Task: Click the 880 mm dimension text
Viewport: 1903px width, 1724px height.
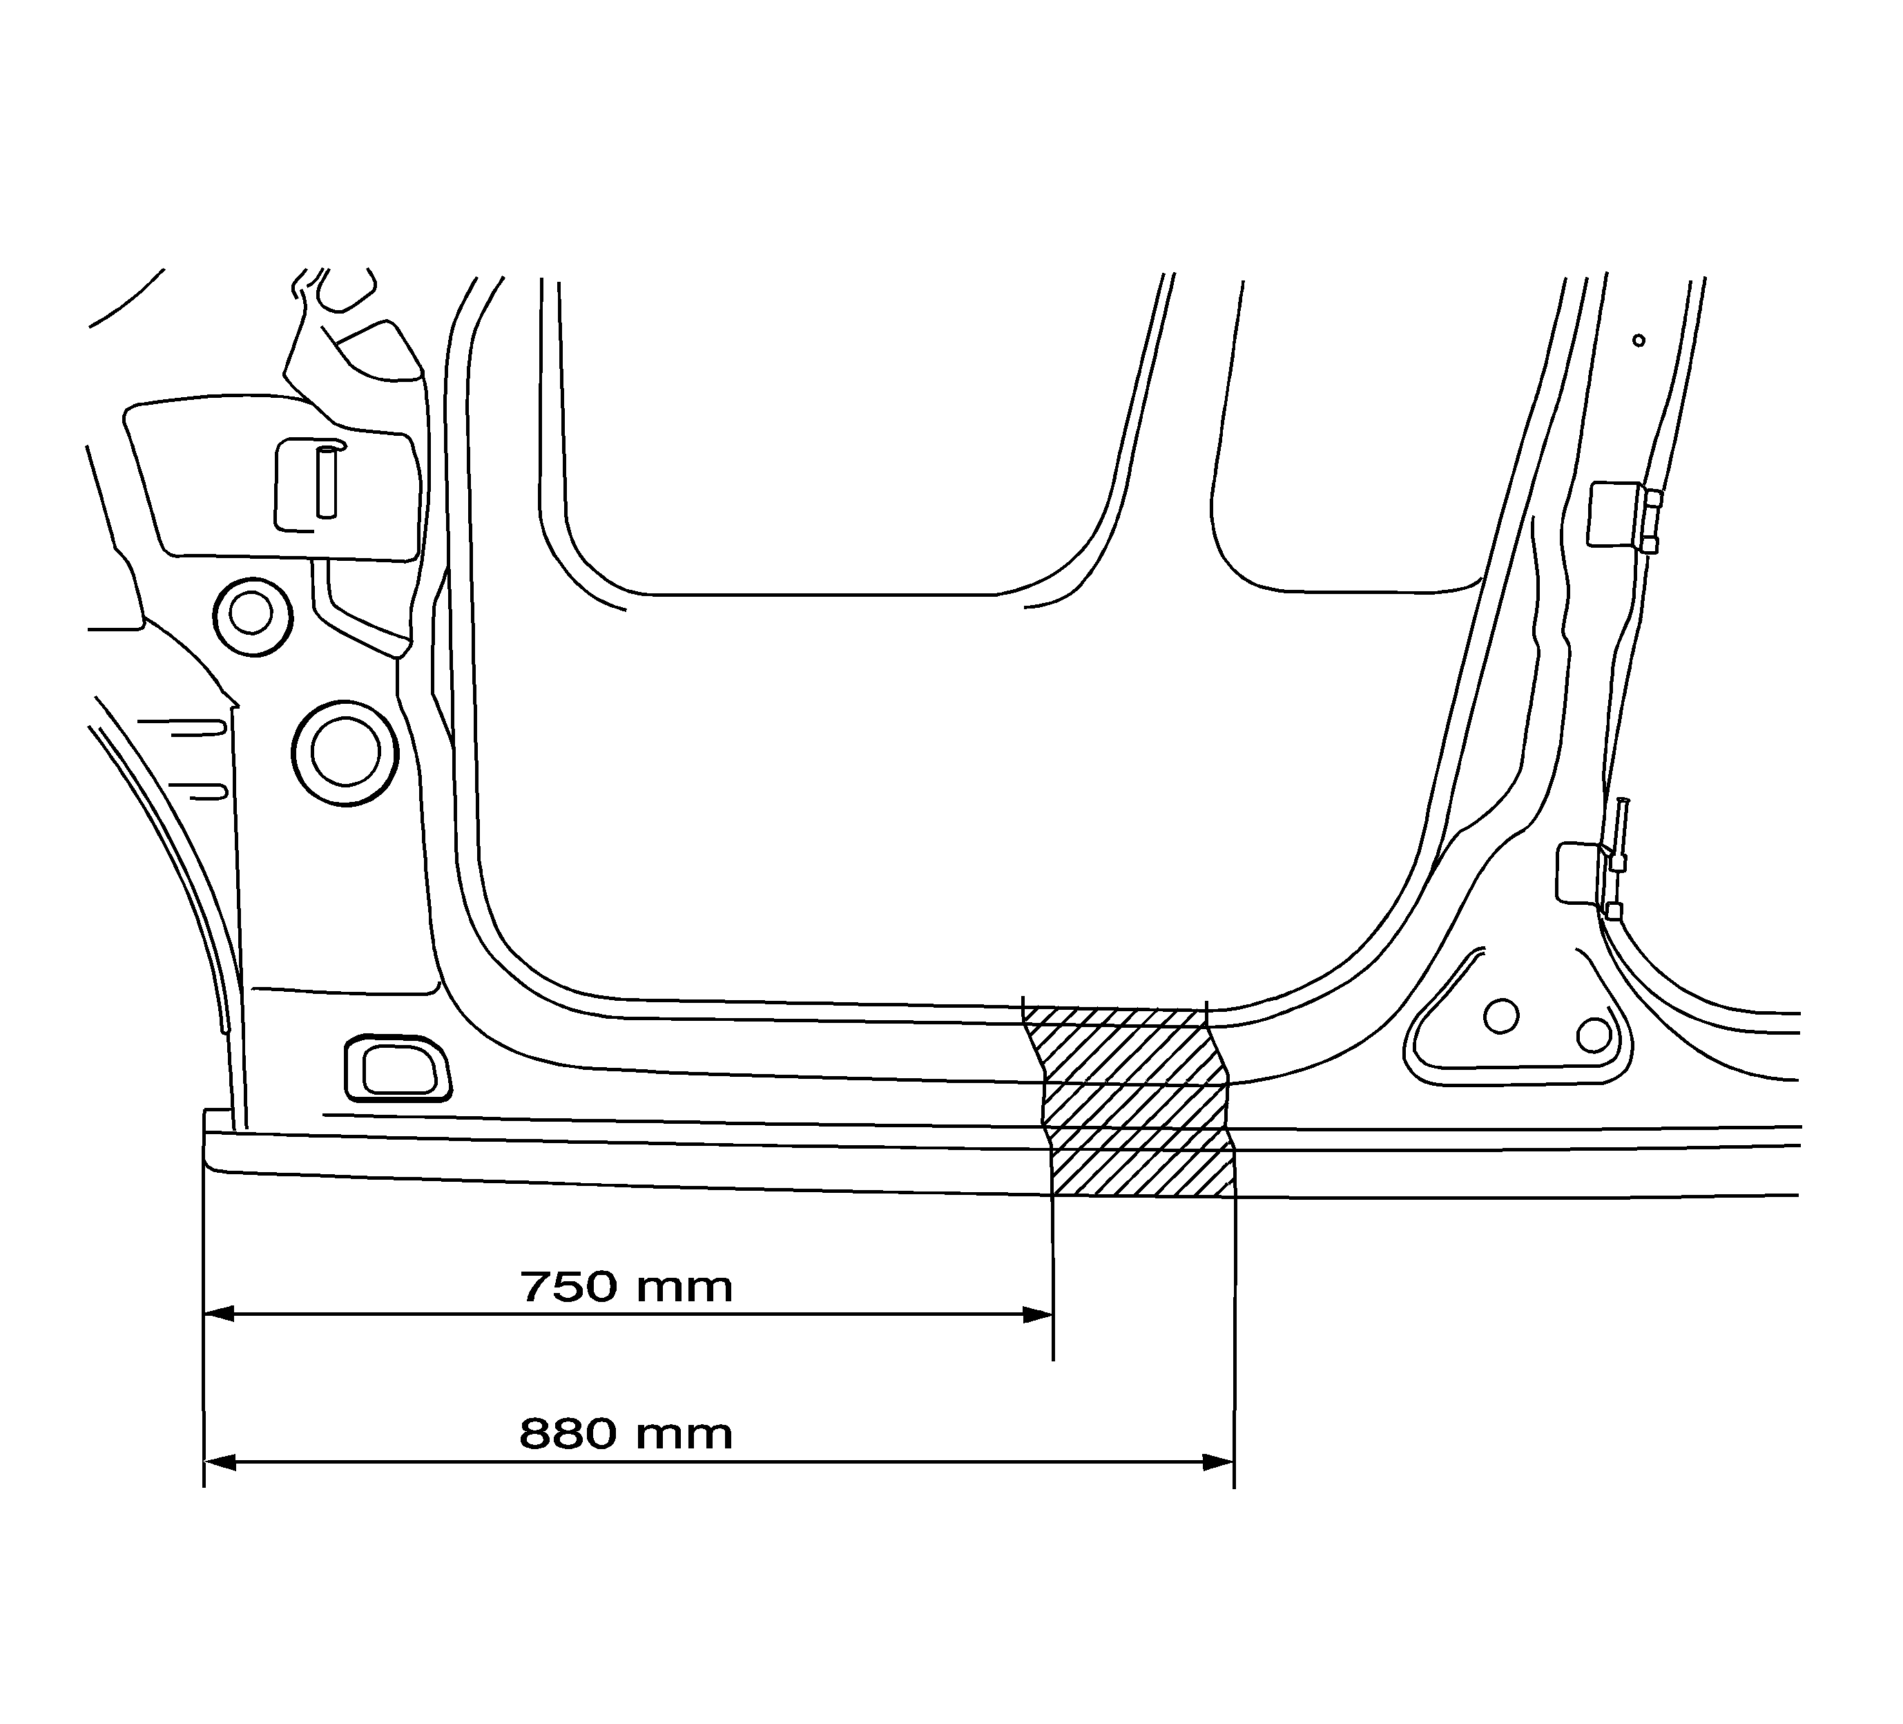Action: pos(626,1434)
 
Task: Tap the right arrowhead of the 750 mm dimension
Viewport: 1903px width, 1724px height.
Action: pos(1039,1314)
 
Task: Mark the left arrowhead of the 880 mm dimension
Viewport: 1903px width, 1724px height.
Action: pos(219,1462)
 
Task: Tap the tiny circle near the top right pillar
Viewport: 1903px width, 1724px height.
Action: pos(1639,340)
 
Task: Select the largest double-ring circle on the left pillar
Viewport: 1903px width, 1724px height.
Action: pos(345,752)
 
